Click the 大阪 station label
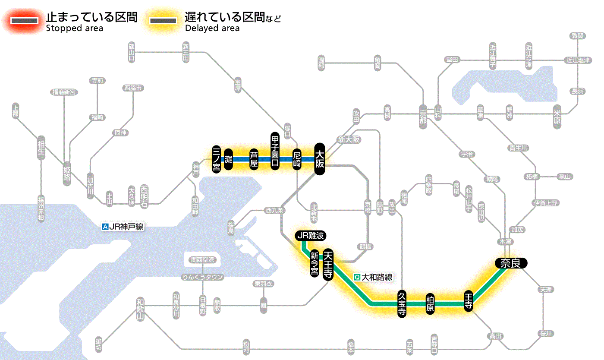coord(319,159)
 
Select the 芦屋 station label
coord(254,159)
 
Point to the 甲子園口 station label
coord(275,151)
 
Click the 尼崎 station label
coord(297,159)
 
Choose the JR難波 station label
coord(311,236)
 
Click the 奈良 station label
coord(510,263)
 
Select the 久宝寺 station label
coord(402,304)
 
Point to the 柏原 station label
coord(430,304)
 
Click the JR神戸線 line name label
coord(123,227)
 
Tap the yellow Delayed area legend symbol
coord(163,20)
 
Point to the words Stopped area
coord(75,28)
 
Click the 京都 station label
coord(423,115)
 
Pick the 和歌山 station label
coord(140,308)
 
